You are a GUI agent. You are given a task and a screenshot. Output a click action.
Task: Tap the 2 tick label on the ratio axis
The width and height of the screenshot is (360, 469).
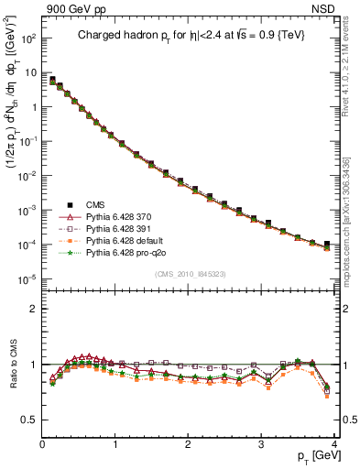coord(33,309)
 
